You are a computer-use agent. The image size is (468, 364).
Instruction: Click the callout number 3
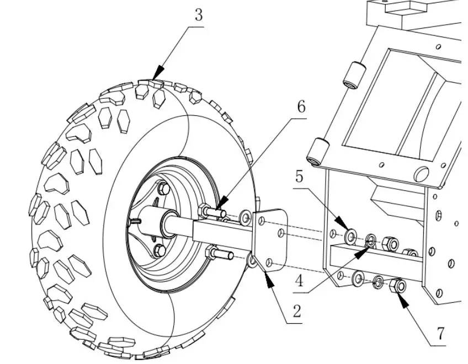pos(198,15)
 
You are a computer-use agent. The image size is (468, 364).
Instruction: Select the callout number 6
pos(301,106)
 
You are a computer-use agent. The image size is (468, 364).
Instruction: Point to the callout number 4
pos(299,281)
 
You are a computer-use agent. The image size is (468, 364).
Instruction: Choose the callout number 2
pos(296,312)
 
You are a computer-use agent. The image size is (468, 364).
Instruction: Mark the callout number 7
pos(440,334)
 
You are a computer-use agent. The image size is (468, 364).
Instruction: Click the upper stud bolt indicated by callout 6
pos(212,211)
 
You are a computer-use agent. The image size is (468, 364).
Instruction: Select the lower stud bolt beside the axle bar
pos(219,254)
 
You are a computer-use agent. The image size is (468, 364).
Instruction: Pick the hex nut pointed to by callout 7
pos(397,286)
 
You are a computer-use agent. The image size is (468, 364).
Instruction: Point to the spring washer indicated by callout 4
pos(370,240)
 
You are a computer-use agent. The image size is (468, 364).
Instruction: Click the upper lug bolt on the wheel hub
pos(163,189)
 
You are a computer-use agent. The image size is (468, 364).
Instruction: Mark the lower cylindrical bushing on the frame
pos(317,152)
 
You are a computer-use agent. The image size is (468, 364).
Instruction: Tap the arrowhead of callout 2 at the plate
pos(269,279)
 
